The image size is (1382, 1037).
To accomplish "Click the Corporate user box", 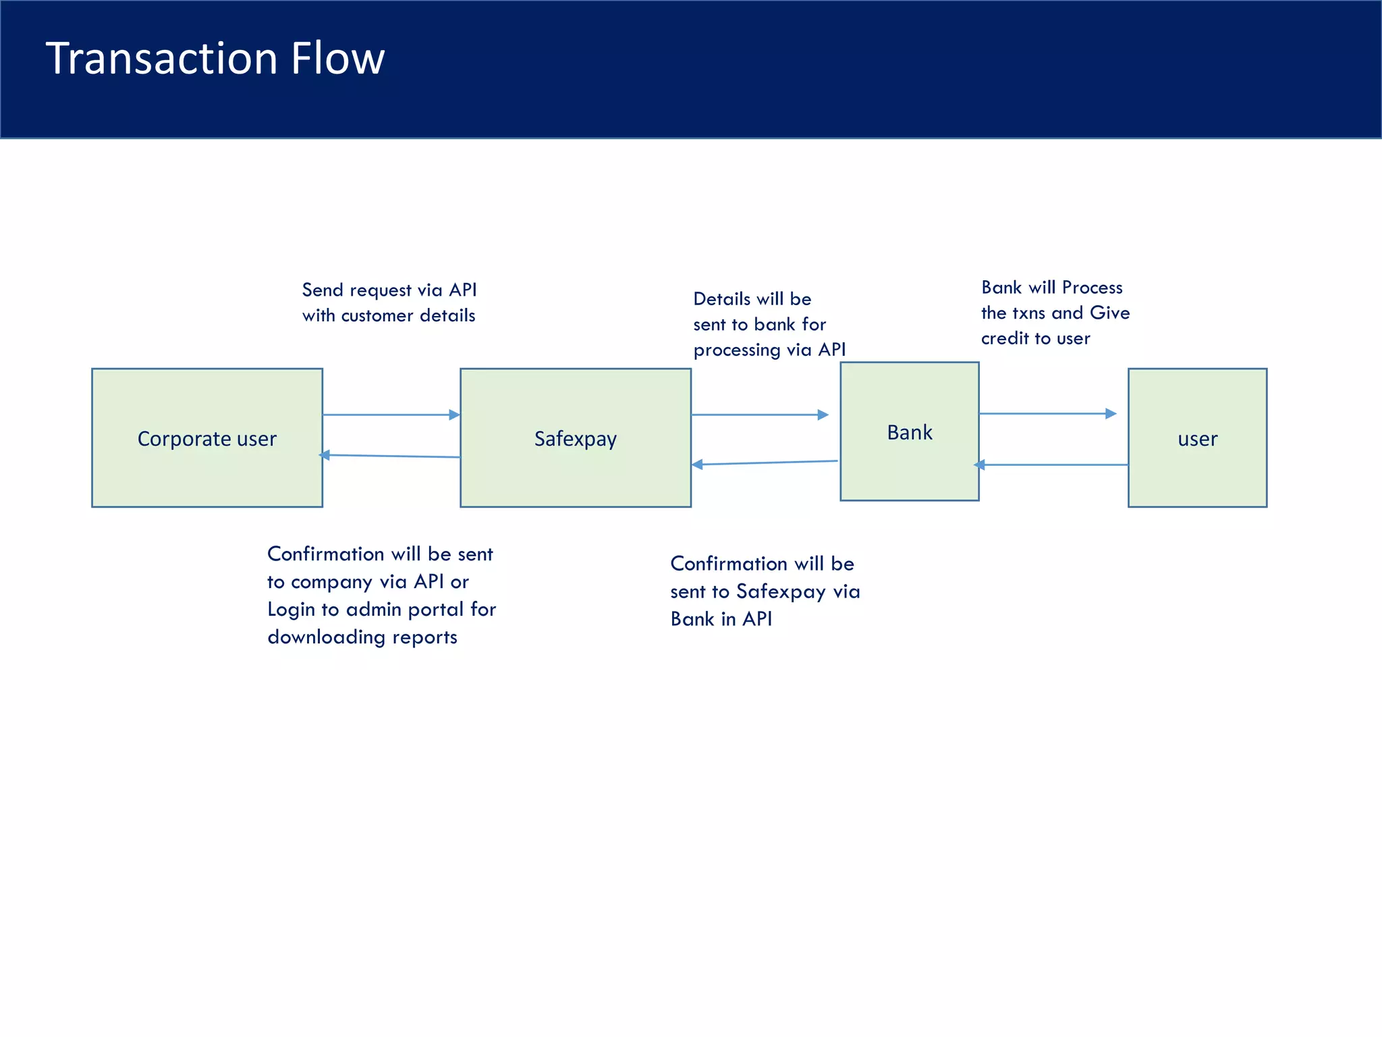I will click(x=206, y=437).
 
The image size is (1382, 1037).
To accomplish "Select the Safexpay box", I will click(x=575, y=437).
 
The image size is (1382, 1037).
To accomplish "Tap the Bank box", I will click(x=909, y=431).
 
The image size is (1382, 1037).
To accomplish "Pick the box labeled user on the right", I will click(x=1197, y=437).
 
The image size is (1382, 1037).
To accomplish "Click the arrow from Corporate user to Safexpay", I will click(x=391, y=415).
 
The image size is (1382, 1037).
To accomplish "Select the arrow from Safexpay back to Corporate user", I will click(x=391, y=456).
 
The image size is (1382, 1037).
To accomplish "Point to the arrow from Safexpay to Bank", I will click(x=759, y=415).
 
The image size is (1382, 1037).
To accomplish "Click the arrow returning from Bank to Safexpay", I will click(x=765, y=462).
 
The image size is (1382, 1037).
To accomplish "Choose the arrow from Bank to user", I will click(x=1047, y=413).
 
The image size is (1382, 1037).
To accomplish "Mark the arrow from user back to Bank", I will click(x=1051, y=464).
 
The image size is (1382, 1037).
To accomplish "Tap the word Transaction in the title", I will click(x=161, y=58).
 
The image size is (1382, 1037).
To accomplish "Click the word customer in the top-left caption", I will click(x=377, y=316).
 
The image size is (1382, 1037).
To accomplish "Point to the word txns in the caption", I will click(x=1028, y=313).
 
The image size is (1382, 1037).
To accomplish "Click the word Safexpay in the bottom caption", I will click(x=781, y=592).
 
